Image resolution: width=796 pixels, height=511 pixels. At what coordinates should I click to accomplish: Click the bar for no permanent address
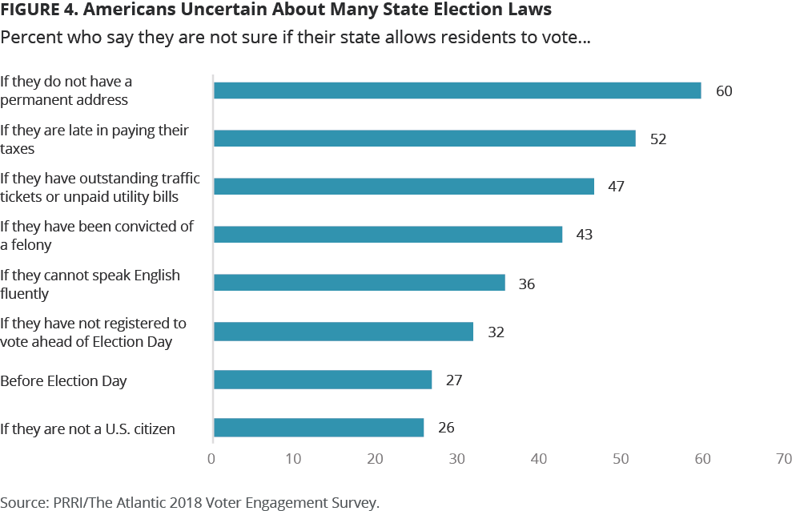pos(456,91)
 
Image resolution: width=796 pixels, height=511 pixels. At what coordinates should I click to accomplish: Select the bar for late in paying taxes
pos(424,139)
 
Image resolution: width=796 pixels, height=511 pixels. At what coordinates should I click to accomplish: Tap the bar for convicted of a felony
pos(388,235)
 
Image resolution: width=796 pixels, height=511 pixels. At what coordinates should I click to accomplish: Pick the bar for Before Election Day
pos(323,380)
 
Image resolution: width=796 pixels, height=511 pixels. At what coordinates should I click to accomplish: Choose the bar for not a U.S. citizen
pos(319,428)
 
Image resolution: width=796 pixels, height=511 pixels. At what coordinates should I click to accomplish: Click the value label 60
pos(724,91)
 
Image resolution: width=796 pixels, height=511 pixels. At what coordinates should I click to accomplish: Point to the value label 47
pos(616,187)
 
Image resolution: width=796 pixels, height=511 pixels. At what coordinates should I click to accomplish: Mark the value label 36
pos(526,284)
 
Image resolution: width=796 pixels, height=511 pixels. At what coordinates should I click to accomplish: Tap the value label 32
pos(496,332)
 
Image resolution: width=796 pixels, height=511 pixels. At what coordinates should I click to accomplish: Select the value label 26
pos(446,428)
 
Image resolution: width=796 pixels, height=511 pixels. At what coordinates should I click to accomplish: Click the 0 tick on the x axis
pos(212,459)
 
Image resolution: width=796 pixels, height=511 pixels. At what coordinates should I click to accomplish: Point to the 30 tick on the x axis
pos(457,459)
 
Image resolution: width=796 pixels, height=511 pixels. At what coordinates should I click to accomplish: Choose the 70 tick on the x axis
pos(784,459)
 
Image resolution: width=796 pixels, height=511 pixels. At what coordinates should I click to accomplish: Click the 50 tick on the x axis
pos(621,459)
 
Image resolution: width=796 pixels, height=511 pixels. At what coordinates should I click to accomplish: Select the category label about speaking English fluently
pos(90,284)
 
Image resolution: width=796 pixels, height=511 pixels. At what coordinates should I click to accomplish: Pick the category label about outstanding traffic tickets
pos(99,187)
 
